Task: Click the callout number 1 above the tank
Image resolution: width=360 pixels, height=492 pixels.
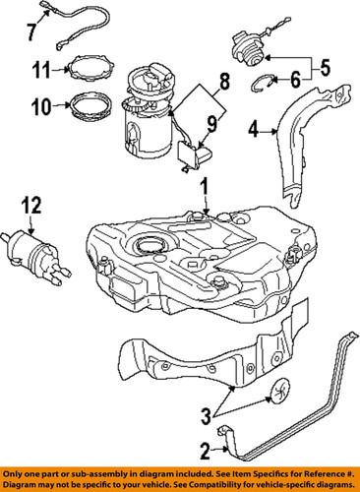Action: click(x=205, y=186)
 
